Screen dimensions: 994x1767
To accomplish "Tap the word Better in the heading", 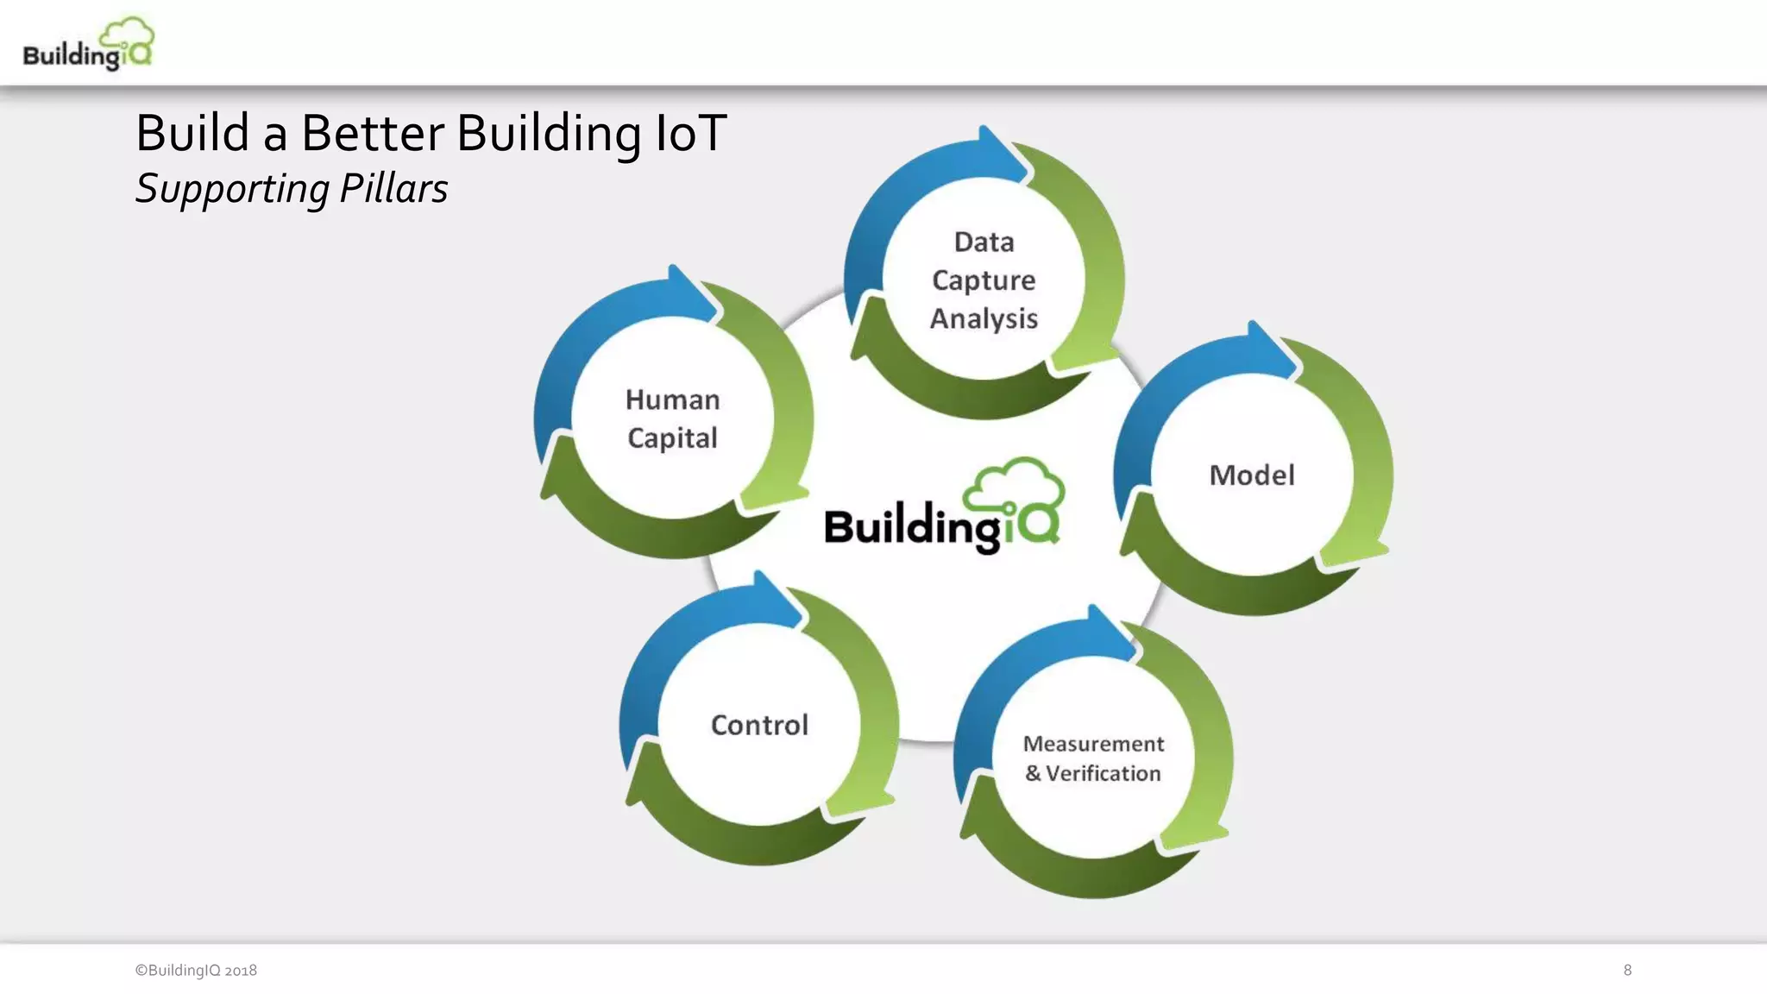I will tap(372, 134).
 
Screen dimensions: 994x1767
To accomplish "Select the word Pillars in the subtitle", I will tap(393, 188).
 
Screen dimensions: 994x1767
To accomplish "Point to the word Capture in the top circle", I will tap(984, 280).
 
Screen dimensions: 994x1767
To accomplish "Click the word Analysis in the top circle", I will tap(984, 318).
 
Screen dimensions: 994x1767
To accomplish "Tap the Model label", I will tap(1252, 475).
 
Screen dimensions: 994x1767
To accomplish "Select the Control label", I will tap(759, 725).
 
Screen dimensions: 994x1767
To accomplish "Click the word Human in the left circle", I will tap(672, 399).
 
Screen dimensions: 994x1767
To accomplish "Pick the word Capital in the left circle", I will tap(672, 438).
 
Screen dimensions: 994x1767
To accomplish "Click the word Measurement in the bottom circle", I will tap(1093, 744).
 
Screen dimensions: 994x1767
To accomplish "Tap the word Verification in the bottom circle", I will tap(1103, 773).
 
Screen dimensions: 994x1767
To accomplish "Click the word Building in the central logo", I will tap(910, 526).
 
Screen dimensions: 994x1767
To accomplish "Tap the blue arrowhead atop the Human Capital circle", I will tap(690, 293).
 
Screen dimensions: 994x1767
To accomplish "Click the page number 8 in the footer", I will tap(1627, 970).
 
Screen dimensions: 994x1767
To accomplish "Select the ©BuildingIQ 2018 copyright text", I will tap(196, 970).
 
